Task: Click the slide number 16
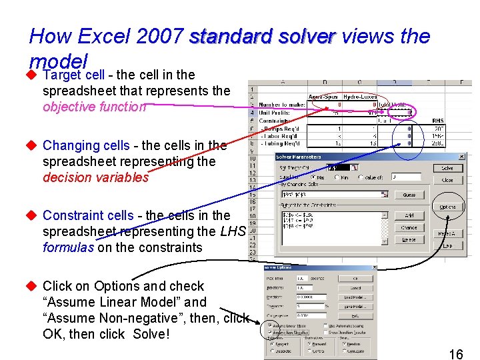(x=455, y=353)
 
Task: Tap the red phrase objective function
(x=94, y=107)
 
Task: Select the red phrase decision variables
(x=95, y=177)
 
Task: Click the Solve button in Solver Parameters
(x=447, y=169)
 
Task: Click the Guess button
(x=409, y=195)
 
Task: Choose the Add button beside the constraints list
(x=409, y=216)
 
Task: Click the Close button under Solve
(x=447, y=180)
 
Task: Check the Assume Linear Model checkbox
(x=269, y=326)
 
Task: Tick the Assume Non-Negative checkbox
(x=269, y=332)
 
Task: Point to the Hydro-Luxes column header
(x=359, y=95)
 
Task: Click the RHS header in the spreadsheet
(x=438, y=121)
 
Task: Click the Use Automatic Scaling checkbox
(x=326, y=326)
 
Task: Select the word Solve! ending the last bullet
(x=151, y=334)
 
